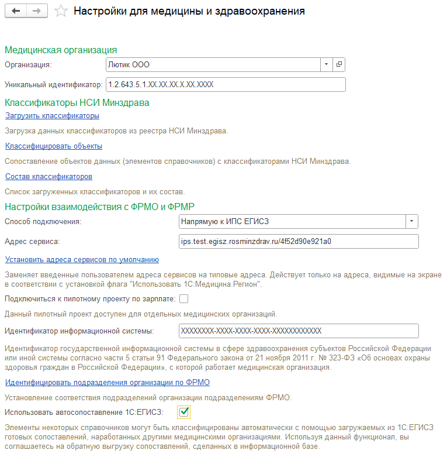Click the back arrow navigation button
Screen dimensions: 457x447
pyautogui.click(x=16, y=12)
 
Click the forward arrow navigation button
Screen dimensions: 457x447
pyautogui.click(x=36, y=12)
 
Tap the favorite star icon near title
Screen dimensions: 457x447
pyautogui.click(x=60, y=12)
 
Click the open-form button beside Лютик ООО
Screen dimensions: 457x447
pyautogui.click(x=339, y=64)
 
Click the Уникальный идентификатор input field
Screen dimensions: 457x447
pyautogui.click(x=226, y=84)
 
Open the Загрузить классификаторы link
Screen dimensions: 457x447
pyautogui.click(x=52, y=115)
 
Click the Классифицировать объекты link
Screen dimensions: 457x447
pyautogui.click(x=54, y=146)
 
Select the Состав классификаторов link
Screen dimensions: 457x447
pyautogui.click(x=48, y=176)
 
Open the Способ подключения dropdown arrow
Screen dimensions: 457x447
pyautogui.click(x=412, y=221)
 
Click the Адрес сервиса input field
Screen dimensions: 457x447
pyautogui.click(x=298, y=241)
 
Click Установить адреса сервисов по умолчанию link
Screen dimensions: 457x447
pyautogui.click(x=82, y=259)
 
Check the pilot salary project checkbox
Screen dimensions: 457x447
pyautogui.click(x=184, y=299)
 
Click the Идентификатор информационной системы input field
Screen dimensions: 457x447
pyautogui.click(x=298, y=331)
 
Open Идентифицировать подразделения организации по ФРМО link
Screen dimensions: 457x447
pyautogui.click(x=108, y=382)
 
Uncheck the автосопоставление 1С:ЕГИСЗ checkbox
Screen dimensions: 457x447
pyautogui.click(x=184, y=413)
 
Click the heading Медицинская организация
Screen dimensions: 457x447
pyautogui.click(x=61, y=50)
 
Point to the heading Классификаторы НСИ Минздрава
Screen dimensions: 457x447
pyautogui.click(x=77, y=102)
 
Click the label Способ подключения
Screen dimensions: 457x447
pyautogui.click(x=43, y=222)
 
